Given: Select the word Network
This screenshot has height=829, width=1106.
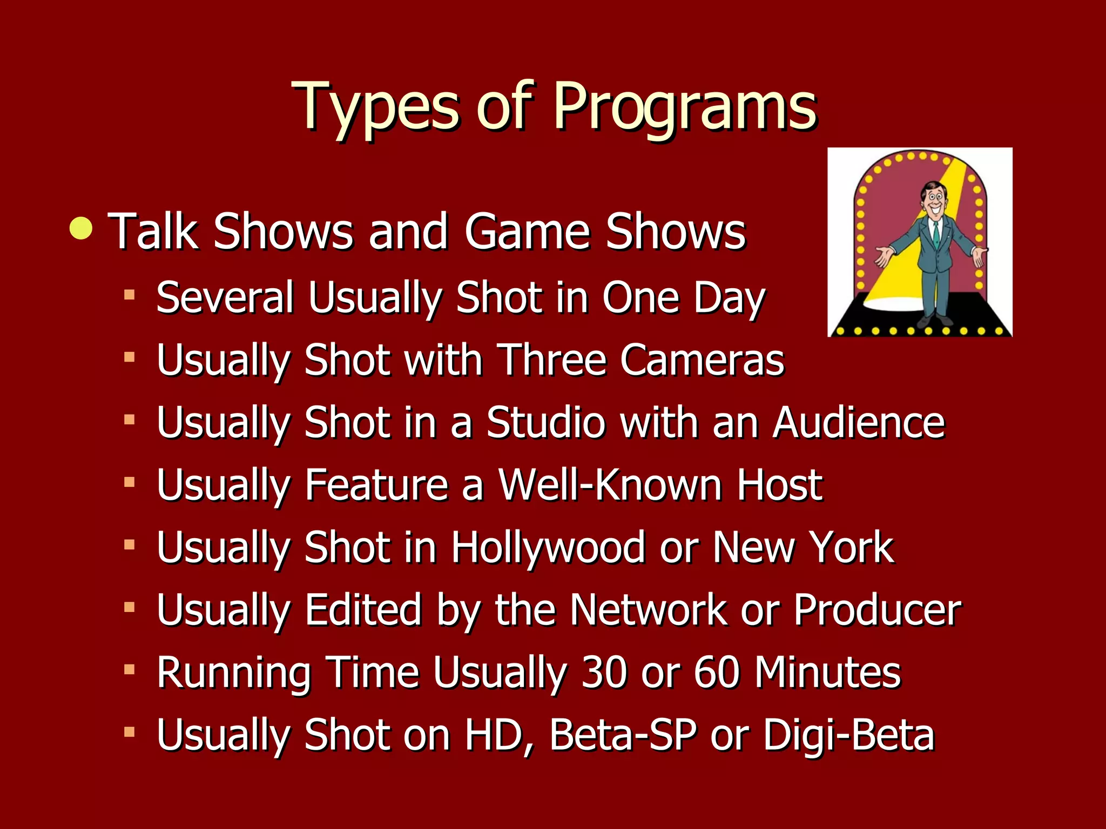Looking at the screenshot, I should point(649,610).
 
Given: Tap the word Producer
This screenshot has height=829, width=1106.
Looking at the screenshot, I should point(877,610).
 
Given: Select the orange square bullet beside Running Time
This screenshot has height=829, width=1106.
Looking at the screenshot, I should point(129,670).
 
